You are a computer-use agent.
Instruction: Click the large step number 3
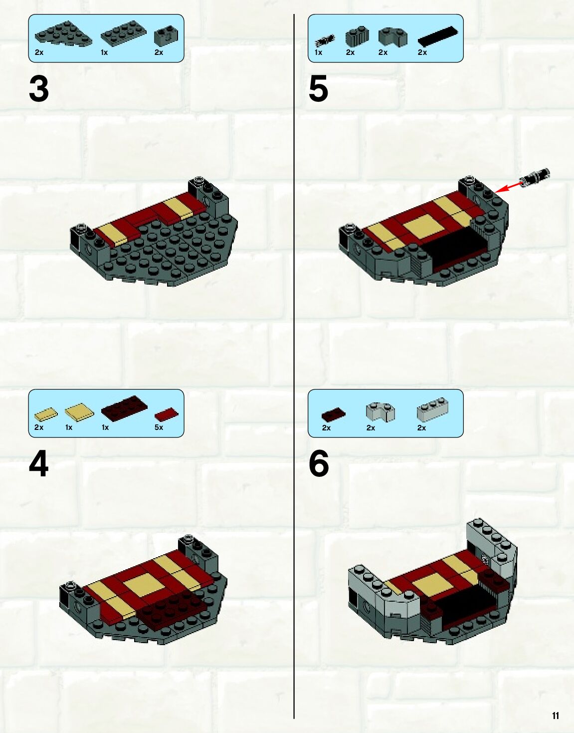39,89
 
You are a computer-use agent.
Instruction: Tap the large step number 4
39,464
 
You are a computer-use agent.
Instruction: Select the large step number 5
318,89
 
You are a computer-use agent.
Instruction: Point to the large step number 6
319,464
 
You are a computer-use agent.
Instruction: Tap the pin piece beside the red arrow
535,177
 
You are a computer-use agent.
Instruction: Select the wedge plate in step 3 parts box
64,34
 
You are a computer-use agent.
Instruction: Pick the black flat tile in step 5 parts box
438,36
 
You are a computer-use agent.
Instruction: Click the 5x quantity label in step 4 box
159,427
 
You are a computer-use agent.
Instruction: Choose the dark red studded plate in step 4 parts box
124,407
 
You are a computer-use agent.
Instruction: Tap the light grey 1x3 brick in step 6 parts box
433,409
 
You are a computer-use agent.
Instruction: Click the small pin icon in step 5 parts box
325,40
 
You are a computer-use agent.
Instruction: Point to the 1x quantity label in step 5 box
318,52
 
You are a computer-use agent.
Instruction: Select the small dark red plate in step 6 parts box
334,414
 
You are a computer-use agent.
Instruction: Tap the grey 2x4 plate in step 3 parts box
124,32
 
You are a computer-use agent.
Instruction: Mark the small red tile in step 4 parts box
167,414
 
